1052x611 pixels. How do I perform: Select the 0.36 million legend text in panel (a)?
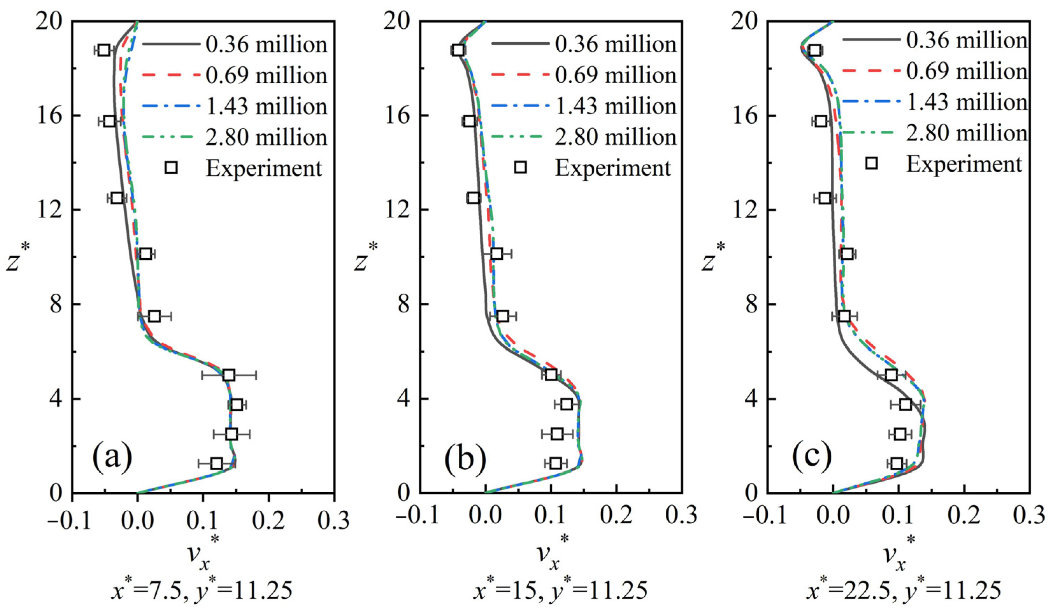click(x=266, y=45)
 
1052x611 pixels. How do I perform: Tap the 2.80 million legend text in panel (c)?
click(x=966, y=133)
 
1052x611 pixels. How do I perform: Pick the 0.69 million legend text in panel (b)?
click(x=615, y=75)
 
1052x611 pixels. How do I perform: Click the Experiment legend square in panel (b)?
click(x=520, y=167)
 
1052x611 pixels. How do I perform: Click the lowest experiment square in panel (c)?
click(x=897, y=463)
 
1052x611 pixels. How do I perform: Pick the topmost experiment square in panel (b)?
click(x=458, y=50)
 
